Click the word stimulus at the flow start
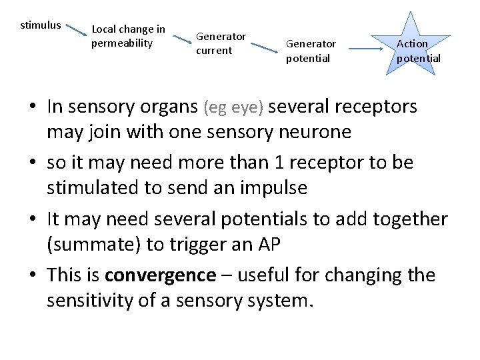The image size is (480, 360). tap(41, 25)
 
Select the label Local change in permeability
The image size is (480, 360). tap(128, 36)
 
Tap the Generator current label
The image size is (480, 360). tap(221, 43)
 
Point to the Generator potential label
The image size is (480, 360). tap(311, 51)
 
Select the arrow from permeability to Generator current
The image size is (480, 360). tap(181, 40)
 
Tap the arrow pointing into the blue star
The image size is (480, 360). tap(371, 48)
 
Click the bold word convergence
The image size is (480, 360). tap(160, 275)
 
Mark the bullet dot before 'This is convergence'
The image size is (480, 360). tap(33, 276)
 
